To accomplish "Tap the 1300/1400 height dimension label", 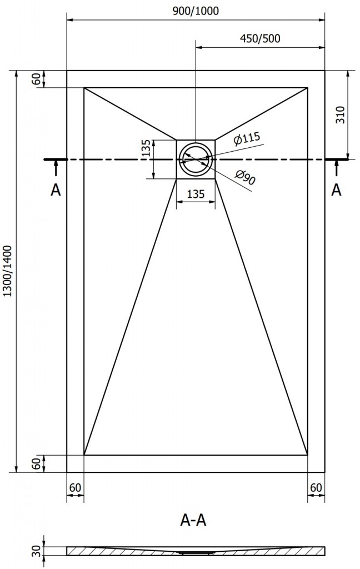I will point(7,272).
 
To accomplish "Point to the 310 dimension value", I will point(341,114).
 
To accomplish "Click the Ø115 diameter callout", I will point(247,139).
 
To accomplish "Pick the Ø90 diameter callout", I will point(244,177).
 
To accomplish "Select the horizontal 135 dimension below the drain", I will point(196,193).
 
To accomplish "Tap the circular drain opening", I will point(196,159).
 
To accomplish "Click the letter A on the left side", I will point(55,190).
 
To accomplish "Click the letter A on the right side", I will point(336,190).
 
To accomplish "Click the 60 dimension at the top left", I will point(37,79).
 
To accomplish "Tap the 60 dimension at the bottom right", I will point(316,488).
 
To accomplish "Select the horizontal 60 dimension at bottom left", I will point(76,488).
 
